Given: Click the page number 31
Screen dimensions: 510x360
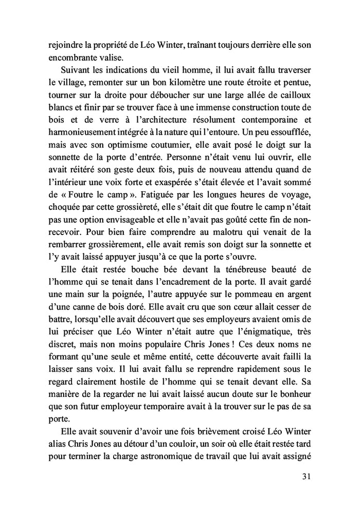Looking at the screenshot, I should pyautogui.click(x=304, y=477).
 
